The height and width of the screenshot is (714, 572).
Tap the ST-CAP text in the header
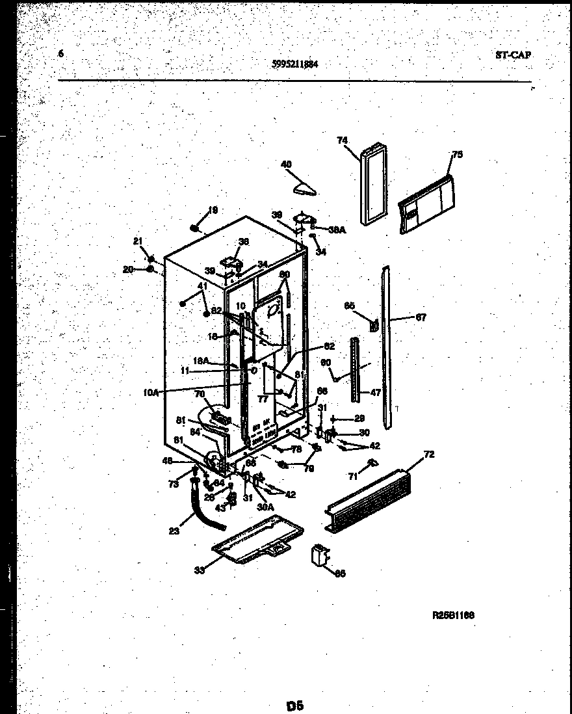tap(513, 55)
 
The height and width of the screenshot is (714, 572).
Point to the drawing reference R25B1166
tap(453, 615)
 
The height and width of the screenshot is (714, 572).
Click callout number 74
tap(343, 140)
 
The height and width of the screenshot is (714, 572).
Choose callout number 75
tap(457, 155)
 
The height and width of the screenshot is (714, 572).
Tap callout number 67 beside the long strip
tap(421, 318)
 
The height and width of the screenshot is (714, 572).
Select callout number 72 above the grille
tap(428, 453)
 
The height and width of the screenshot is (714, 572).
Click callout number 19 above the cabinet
tap(213, 211)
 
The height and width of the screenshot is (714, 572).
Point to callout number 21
tap(138, 241)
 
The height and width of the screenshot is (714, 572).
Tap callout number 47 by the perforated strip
tap(375, 393)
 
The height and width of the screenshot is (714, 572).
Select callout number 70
tap(200, 394)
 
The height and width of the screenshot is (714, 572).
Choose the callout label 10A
tap(150, 391)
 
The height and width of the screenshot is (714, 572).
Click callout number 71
tap(353, 477)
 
